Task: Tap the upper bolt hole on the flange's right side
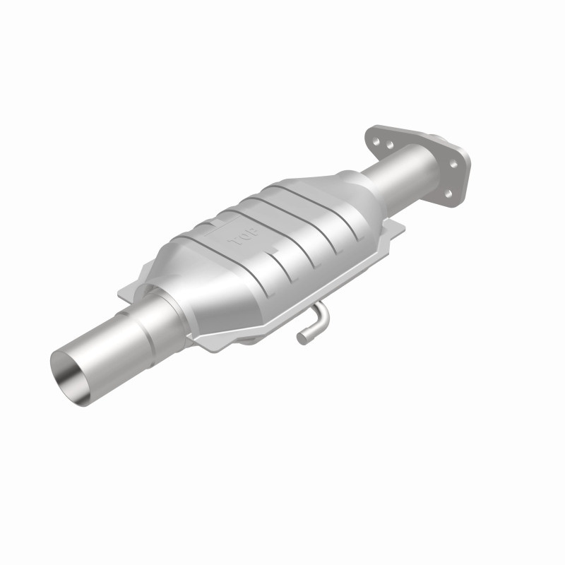point(453,164)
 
